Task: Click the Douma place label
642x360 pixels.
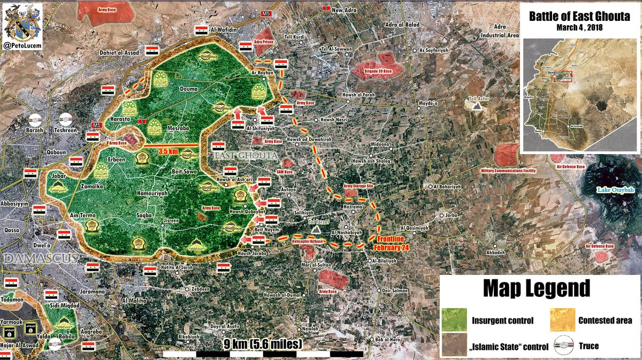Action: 189,89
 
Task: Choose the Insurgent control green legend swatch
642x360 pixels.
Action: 454,320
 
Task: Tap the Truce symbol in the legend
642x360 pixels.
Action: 562,346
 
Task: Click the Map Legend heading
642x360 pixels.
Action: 537,288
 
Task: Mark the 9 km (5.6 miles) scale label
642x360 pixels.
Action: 262,343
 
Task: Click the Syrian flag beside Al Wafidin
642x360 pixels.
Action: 201,29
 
